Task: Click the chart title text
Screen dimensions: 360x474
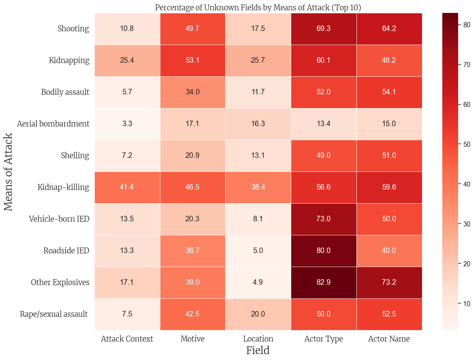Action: coord(258,8)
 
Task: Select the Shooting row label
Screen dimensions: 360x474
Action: coord(73,29)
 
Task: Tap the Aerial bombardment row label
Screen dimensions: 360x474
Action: coord(53,124)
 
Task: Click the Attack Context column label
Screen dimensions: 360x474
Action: coord(127,339)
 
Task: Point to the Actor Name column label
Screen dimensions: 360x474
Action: coord(389,339)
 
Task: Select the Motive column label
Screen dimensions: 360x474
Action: coord(192,339)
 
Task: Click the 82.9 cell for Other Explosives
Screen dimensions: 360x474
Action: coord(324,283)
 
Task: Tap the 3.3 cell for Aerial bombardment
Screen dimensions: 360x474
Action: coord(127,124)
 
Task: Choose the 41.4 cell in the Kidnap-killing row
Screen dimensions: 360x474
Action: coord(127,187)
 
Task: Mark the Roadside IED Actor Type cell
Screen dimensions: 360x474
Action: coord(324,251)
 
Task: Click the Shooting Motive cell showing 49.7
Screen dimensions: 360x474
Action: coord(192,29)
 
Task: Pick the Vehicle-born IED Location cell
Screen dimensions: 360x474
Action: coord(258,219)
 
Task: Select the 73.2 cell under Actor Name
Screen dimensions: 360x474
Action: coord(389,283)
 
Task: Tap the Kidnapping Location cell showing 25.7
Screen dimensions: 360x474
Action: coord(258,60)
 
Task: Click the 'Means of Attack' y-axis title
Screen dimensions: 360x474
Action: coord(8,172)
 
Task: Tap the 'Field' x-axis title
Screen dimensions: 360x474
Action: coord(258,350)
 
